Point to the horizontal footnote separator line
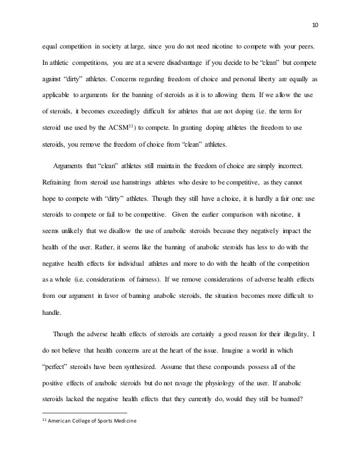(x=85, y=413)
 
